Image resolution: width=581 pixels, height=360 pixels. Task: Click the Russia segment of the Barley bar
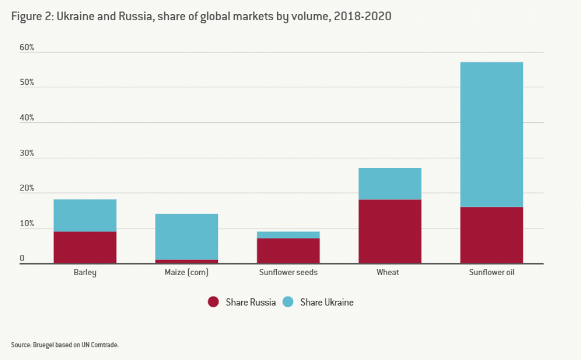pyautogui.click(x=85, y=247)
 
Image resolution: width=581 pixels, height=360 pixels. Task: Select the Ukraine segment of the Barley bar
pyautogui.click(x=85, y=215)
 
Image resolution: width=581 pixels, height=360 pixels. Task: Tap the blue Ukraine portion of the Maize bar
pyautogui.click(x=187, y=237)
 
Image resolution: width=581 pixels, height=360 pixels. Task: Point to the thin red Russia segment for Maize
pyautogui.click(x=187, y=261)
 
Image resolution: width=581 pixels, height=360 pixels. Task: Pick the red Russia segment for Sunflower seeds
pyautogui.click(x=288, y=251)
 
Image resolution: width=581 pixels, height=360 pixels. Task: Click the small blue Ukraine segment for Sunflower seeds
pyautogui.click(x=288, y=235)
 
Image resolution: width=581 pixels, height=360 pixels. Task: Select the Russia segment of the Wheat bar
pyautogui.click(x=390, y=232)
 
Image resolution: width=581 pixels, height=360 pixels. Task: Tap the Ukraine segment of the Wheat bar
pyautogui.click(x=390, y=184)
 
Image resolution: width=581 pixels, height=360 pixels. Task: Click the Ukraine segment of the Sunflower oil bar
pyautogui.click(x=492, y=134)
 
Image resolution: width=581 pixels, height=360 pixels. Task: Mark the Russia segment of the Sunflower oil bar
pyautogui.click(x=492, y=235)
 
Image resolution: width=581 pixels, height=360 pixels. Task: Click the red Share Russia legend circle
pyautogui.click(x=213, y=302)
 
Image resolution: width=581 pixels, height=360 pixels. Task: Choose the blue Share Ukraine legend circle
pyautogui.click(x=288, y=302)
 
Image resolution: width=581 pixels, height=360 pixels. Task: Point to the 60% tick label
pyautogui.click(x=27, y=48)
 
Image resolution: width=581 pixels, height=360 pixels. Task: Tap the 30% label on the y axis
pyautogui.click(x=27, y=153)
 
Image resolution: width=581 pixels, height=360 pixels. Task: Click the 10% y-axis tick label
pyautogui.click(x=27, y=224)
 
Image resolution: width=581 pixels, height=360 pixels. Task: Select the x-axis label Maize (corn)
pyautogui.click(x=187, y=272)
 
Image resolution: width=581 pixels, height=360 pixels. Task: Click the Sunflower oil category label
pyautogui.click(x=492, y=272)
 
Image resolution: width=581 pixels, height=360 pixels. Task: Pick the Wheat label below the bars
pyautogui.click(x=388, y=272)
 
